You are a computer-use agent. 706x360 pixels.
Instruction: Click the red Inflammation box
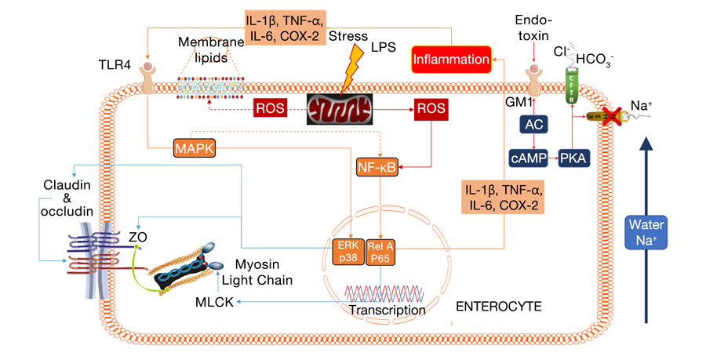pos(451,59)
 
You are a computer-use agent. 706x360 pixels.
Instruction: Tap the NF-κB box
pos(377,168)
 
